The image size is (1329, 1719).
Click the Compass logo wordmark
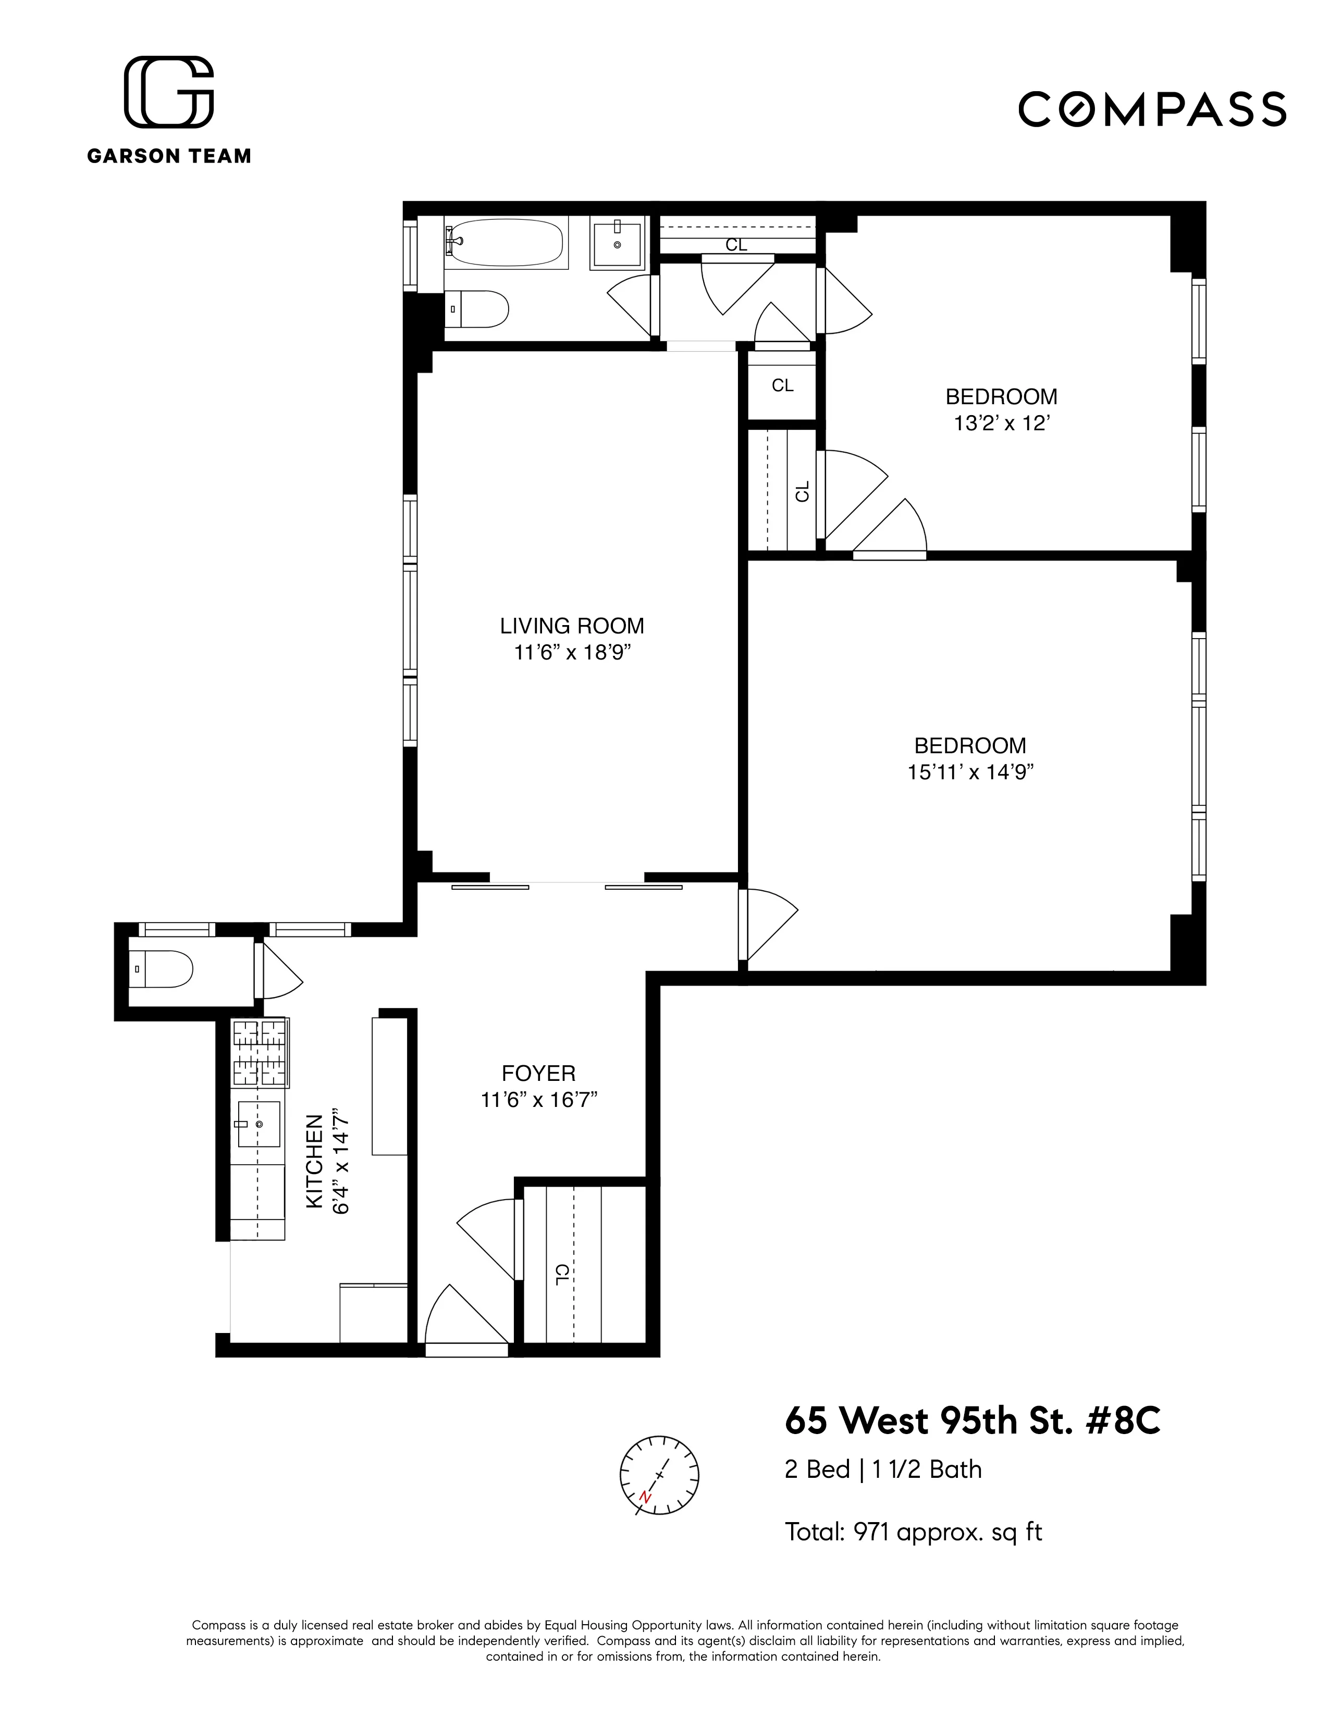(x=1152, y=109)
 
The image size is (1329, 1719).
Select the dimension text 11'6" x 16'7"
(x=539, y=1100)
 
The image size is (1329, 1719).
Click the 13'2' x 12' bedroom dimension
(x=1002, y=423)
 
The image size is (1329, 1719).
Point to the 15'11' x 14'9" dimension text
(x=970, y=772)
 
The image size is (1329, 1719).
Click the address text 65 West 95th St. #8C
(x=973, y=1421)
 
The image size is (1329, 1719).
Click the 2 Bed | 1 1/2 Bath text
(x=882, y=1469)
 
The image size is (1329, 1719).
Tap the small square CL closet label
(x=782, y=385)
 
